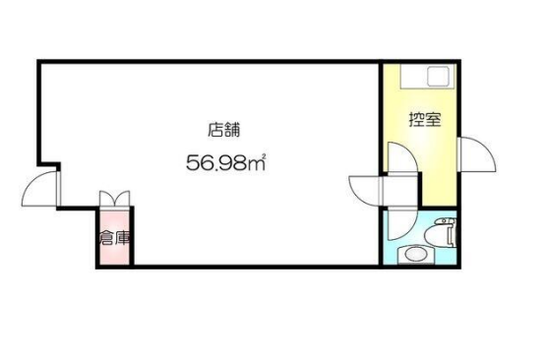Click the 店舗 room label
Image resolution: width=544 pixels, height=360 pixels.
pos(223,130)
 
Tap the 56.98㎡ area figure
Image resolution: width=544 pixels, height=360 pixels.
pos(226,162)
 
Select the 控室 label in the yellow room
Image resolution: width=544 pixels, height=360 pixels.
pos(425,119)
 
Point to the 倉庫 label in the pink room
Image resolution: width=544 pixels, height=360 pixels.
pos(115,238)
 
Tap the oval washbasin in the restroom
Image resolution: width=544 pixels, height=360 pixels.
pos(416,255)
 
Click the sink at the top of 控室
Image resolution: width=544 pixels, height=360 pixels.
pos(439,77)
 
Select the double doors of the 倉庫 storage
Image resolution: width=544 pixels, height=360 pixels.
pos(114,199)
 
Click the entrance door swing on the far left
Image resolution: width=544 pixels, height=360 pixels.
pos(40,188)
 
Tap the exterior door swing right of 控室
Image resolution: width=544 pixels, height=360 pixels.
pos(477,154)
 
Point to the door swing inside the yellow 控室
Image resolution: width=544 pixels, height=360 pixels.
pos(401,157)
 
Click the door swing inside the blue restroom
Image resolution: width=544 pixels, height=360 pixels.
pos(401,224)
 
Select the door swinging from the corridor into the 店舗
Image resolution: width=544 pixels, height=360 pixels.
pos(366,191)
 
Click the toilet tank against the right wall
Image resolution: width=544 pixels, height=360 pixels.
pos(452,232)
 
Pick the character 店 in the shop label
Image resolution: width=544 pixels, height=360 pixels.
pos(215,130)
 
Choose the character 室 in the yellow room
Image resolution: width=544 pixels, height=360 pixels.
pos(433,119)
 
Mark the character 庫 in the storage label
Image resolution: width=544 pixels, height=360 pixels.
pos(123,238)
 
